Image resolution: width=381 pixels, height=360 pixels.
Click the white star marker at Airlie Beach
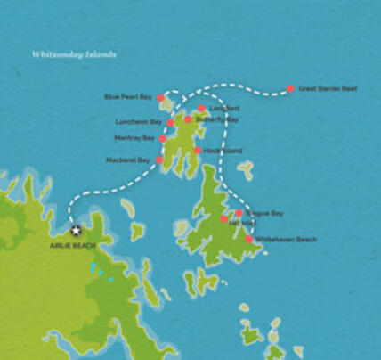(76, 230)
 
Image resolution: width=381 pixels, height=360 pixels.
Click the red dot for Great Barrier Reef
(290, 89)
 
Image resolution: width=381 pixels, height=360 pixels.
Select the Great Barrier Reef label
(327, 89)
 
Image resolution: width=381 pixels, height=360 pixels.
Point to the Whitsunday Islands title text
(74, 53)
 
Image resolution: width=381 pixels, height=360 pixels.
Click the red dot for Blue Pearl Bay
(160, 98)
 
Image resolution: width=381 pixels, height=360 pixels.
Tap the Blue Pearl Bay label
(128, 96)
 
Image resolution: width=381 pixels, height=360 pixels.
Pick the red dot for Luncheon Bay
(170, 122)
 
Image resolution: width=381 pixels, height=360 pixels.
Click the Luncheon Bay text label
(139, 121)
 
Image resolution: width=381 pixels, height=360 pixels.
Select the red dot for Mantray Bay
(163, 138)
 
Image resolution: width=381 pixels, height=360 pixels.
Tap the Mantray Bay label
(135, 138)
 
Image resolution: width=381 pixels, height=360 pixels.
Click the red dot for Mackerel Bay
(159, 160)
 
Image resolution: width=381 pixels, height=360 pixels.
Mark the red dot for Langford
(201, 109)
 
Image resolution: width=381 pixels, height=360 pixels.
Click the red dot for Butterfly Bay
(188, 119)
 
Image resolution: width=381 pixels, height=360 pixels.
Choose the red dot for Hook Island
(197, 151)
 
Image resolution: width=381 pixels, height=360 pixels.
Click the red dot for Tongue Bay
(239, 213)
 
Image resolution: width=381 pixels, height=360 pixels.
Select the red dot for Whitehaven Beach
(248, 239)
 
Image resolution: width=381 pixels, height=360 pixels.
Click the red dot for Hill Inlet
(224, 219)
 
